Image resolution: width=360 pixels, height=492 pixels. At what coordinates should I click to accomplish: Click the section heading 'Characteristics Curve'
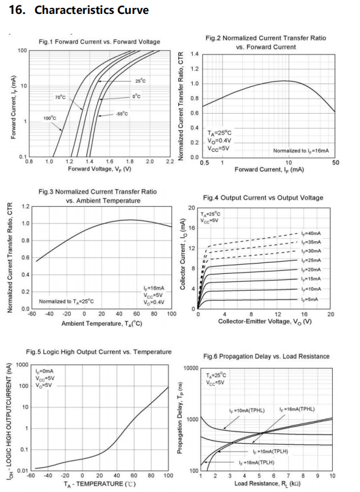pos(91,10)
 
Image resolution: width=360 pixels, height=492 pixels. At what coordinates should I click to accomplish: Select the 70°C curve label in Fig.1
pos(60,97)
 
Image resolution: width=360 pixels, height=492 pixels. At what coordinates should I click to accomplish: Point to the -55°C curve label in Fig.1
pos(121,114)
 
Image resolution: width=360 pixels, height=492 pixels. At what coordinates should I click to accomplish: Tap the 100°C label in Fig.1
pos(50,118)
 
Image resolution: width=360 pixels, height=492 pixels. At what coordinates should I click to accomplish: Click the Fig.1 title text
pos(100,42)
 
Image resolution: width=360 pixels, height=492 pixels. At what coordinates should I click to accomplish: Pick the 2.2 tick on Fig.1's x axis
pos(170,161)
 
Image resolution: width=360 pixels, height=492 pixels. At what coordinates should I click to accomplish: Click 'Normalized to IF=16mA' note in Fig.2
pos(301,151)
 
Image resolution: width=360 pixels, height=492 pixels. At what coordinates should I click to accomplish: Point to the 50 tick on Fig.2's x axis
pos(336,163)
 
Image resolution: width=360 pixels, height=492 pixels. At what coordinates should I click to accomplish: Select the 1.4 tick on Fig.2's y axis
pos(194,54)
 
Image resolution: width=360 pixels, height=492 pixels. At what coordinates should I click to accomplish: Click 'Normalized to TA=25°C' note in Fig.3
pos(66,302)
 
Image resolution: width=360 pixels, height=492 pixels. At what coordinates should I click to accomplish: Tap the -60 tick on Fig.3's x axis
pos(32,314)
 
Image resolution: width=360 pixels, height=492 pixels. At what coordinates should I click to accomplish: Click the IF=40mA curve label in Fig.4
pos(310,233)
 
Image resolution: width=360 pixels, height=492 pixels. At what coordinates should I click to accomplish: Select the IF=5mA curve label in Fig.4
pos(309,299)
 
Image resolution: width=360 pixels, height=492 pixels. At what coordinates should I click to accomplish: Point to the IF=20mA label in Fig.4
pos(310,270)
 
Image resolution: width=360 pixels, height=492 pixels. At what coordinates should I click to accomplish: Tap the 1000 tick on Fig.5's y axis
pos(22,364)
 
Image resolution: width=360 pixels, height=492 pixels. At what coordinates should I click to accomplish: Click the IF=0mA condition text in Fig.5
pos(44,372)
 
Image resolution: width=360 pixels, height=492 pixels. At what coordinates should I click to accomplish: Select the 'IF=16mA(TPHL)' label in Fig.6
pos(297,409)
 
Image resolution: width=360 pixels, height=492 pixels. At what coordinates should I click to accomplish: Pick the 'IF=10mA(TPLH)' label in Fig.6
pos(271,452)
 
